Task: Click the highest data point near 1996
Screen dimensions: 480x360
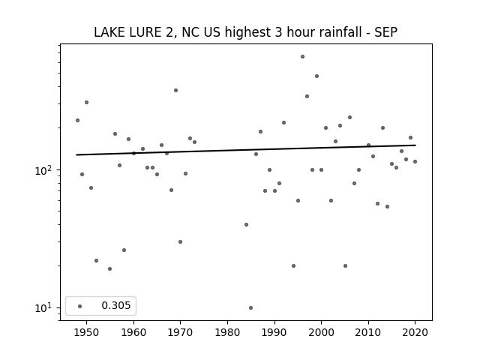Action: [x=302, y=57]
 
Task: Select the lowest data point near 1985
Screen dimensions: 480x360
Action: [x=250, y=308]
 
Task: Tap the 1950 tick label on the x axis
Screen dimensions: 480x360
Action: [x=87, y=332]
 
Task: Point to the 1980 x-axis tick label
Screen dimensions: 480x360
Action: [x=227, y=332]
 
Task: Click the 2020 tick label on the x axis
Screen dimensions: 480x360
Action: [x=415, y=332]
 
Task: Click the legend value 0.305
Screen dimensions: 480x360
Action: [x=116, y=305]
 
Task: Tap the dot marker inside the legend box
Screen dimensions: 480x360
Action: [x=80, y=306]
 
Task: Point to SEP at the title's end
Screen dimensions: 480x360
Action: [x=386, y=32]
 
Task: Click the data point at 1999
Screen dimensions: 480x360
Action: [x=316, y=76]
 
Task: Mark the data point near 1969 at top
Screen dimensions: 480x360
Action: [x=175, y=90]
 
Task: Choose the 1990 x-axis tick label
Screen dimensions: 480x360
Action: [x=274, y=332]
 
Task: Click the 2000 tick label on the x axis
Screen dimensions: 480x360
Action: [x=321, y=332]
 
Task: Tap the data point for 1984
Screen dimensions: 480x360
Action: [x=246, y=225]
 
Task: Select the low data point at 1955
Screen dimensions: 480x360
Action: [x=109, y=268]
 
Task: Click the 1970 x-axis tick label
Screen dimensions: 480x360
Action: [x=180, y=332]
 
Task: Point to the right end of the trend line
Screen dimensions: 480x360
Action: [x=415, y=145]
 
